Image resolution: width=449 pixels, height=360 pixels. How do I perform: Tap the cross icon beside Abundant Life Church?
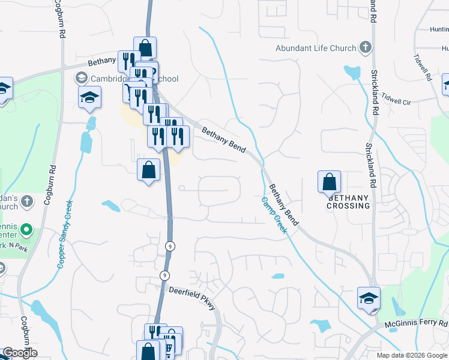(365, 47)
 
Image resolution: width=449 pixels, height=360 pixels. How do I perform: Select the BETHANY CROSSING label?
(348, 202)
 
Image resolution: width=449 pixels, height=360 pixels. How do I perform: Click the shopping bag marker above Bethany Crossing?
(329, 182)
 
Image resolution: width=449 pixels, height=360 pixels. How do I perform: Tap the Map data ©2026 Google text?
(412, 355)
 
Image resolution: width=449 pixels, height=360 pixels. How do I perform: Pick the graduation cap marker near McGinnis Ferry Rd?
(369, 298)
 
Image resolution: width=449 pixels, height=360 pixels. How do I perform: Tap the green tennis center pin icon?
(26, 229)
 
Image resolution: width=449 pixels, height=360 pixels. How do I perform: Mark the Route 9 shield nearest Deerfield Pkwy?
(164, 275)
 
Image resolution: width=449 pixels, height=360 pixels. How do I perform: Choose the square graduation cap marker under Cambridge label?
(89, 98)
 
